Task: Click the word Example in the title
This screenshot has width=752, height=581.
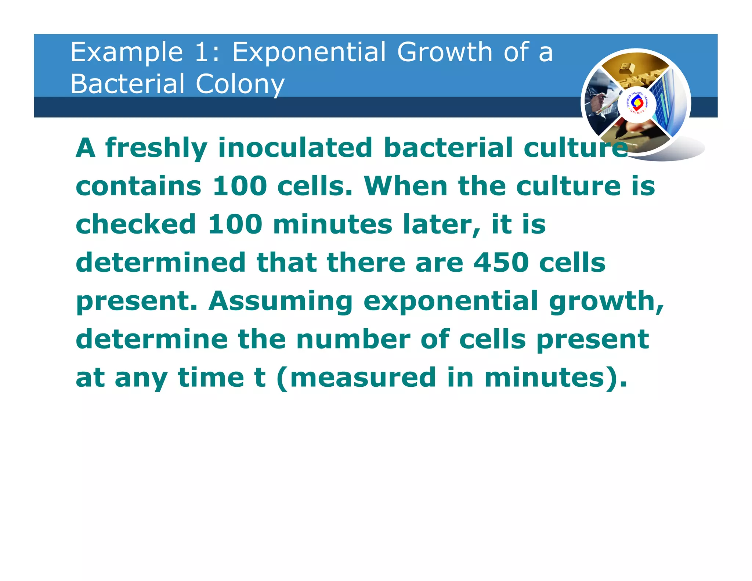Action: [x=127, y=53]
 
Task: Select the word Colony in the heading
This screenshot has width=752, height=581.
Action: [x=240, y=84]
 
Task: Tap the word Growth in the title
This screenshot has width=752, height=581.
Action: [x=445, y=52]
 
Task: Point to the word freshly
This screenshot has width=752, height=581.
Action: [x=156, y=148]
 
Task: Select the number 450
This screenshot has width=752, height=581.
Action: [x=501, y=263]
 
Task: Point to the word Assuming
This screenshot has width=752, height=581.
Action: [x=281, y=302]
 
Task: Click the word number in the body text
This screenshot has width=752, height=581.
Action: [x=353, y=339]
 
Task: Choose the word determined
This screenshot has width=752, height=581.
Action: [x=160, y=263]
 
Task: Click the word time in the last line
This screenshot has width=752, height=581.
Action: [x=211, y=378]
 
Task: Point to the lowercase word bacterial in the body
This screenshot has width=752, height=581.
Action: [x=448, y=147]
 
